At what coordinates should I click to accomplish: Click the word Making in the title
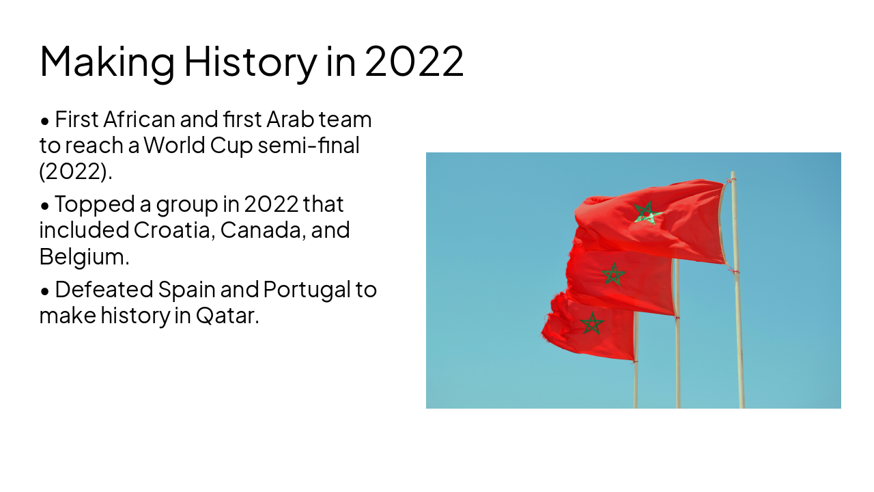pyautogui.click(x=107, y=61)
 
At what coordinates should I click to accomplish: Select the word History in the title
pyautogui.click(x=250, y=61)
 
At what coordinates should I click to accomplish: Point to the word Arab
pyautogui.click(x=290, y=120)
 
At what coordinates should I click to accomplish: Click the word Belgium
pyautogui.click(x=84, y=256)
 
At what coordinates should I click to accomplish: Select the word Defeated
pyautogui.click(x=103, y=290)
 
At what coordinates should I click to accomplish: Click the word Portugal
pyautogui.click(x=306, y=290)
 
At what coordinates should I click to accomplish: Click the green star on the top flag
pyautogui.click(x=645, y=213)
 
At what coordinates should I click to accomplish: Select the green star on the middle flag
pyautogui.click(x=613, y=274)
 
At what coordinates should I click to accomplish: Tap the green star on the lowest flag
pyautogui.click(x=591, y=323)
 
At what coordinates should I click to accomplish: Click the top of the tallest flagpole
pyautogui.click(x=733, y=174)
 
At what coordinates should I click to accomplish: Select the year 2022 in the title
pyautogui.click(x=414, y=61)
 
